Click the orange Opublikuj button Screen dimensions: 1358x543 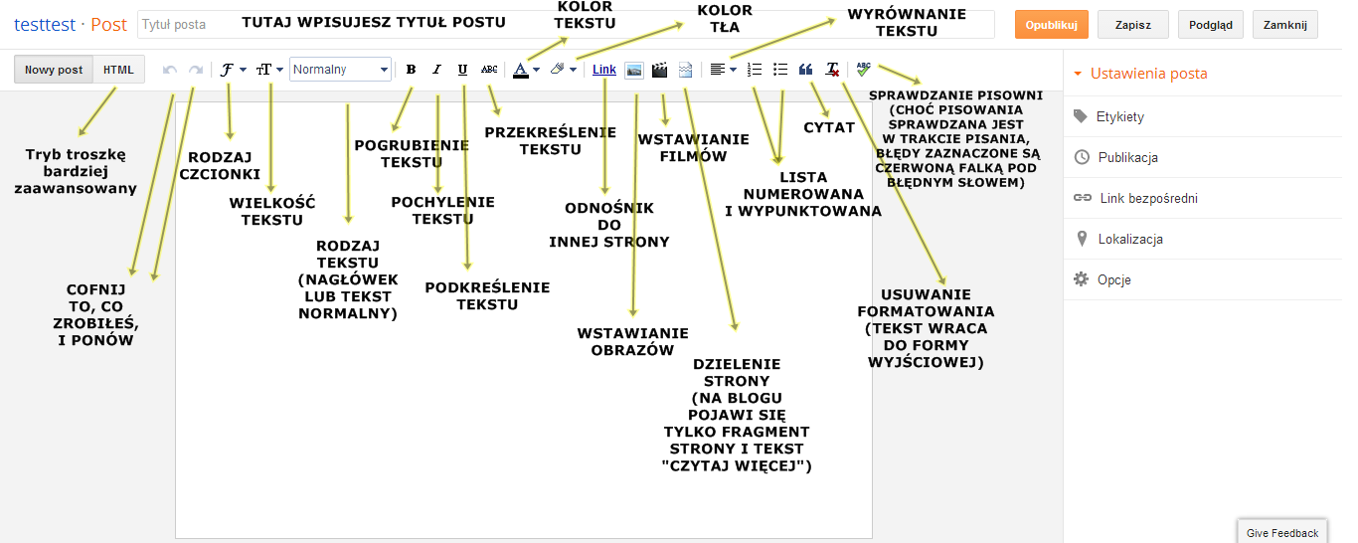1052,25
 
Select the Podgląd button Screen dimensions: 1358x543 1210,25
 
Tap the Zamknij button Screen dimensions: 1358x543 1285,25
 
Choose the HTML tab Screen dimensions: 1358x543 118,70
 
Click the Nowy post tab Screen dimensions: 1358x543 54,70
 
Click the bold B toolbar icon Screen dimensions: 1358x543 411,70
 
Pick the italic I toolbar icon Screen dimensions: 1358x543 436,70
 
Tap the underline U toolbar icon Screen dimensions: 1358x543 462,70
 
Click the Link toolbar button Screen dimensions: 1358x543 604,70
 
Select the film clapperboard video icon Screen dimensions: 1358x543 659,70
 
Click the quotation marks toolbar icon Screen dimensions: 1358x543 806,70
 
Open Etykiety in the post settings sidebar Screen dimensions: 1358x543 1119,116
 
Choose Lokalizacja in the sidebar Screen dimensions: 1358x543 1130,239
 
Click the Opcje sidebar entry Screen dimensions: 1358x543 1113,279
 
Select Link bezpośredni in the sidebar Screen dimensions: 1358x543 1148,198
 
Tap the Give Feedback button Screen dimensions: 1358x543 1282,533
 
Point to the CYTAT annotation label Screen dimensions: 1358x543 829,127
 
